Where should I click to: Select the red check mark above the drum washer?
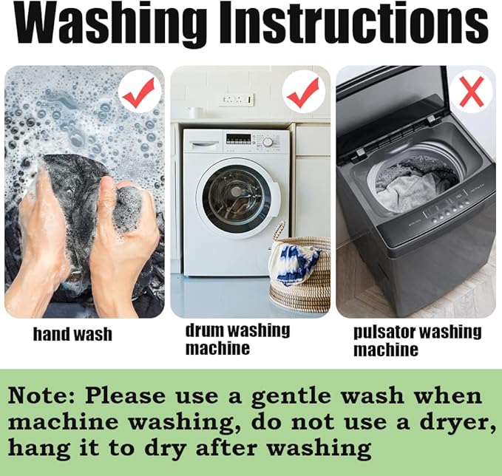[302, 93]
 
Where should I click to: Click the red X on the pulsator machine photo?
[471, 91]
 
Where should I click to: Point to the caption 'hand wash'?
[72, 334]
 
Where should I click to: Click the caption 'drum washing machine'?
[237, 339]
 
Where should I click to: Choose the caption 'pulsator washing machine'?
[418, 341]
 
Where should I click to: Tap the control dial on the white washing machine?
[268, 142]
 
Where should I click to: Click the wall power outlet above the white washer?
[237, 100]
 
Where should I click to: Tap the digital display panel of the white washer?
[239, 139]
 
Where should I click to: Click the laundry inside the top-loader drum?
[413, 186]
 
